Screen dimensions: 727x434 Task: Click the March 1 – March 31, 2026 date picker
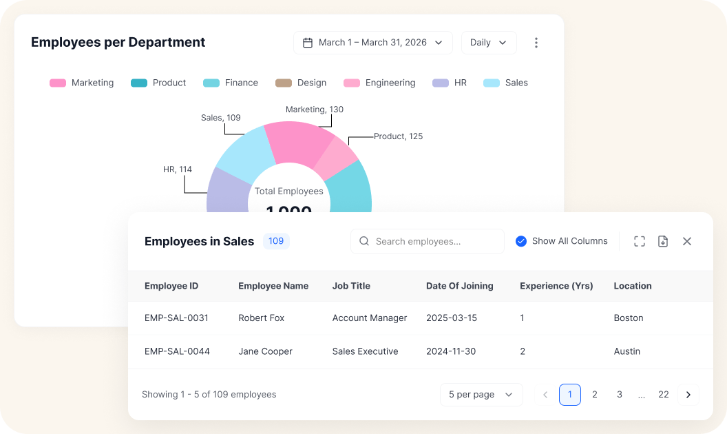coord(372,43)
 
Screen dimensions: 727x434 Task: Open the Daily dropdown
coord(489,43)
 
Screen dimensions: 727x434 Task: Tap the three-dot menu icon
coord(536,43)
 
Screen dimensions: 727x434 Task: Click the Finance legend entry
coord(231,83)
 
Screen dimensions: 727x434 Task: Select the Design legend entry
coord(301,83)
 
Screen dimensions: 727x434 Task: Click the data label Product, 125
coord(399,136)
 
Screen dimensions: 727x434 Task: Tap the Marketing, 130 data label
coord(315,110)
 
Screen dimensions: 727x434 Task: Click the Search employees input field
coord(427,241)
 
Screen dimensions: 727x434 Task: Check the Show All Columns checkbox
coord(521,241)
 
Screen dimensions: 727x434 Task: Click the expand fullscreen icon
coord(640,241)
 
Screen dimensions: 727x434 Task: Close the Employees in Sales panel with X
coord(687,241)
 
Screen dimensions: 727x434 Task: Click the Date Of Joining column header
coord(459,286)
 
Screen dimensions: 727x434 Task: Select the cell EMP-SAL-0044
coord(177,351)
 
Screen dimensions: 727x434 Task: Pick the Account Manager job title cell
coord(370,318)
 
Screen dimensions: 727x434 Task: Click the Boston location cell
coord(629,318)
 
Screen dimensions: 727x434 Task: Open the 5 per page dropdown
coord(481,395)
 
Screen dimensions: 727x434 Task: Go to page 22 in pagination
coord(664,395)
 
